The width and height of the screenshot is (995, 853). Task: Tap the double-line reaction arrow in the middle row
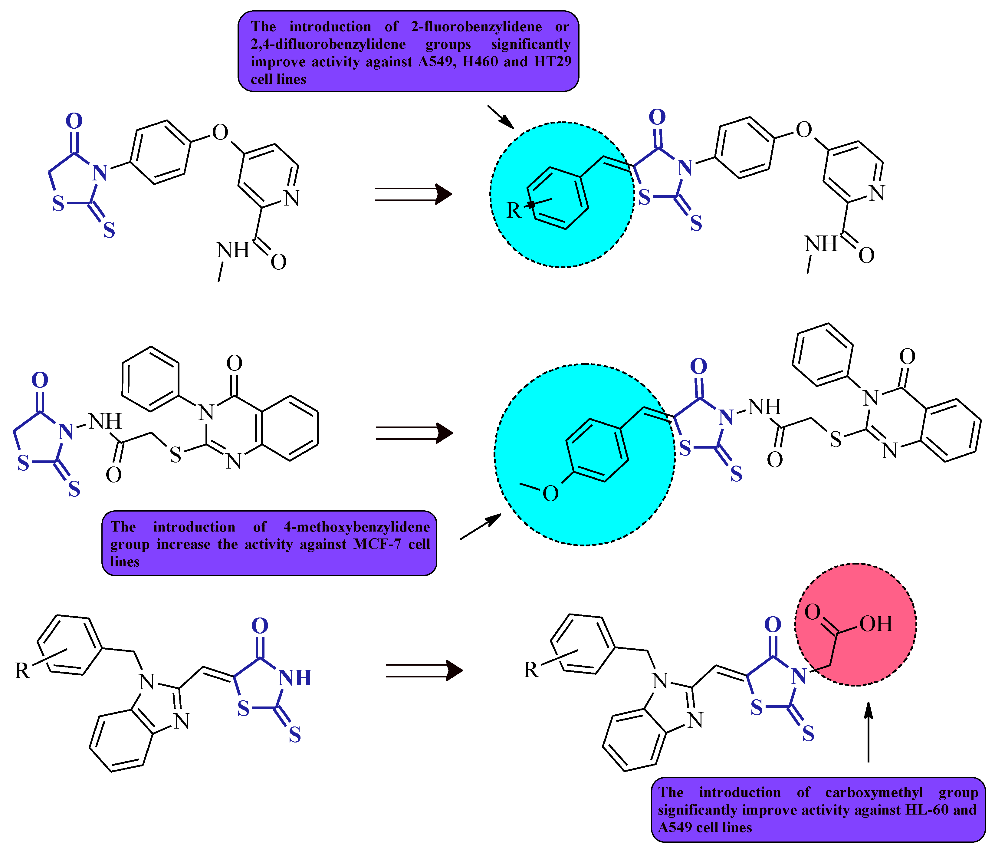pos(414,433)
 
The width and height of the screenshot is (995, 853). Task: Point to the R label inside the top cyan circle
pos(514,210)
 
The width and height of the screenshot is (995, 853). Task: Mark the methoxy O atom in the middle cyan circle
pos(550,494)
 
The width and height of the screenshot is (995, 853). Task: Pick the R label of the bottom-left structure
pos(23,671)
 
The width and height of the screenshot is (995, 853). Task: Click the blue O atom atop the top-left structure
pos(74,121)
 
